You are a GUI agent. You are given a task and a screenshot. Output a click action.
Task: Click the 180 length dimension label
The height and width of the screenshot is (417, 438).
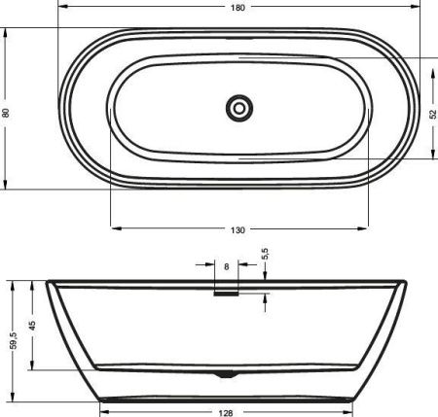[238, 8]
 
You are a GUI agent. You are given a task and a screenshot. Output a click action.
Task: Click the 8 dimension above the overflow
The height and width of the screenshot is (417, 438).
[226, 265]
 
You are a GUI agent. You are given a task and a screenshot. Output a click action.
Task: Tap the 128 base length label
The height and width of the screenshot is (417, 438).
[226, 411]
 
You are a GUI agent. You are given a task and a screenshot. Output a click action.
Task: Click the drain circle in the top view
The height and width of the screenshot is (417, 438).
[238, 107]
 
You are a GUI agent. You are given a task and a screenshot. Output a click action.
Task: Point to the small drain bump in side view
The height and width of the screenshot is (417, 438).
[226, 373]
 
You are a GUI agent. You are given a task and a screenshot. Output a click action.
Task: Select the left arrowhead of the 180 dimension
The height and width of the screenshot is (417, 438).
[62, 16]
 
